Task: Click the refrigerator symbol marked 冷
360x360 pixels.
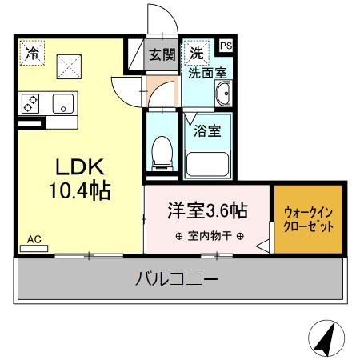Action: (33, 54)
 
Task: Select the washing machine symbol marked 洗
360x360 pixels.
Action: (195, 54)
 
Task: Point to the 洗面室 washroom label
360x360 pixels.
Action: (207, 73)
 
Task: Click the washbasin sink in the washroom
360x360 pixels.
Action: (223, 97)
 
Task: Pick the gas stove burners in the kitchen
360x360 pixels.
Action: (31, 103)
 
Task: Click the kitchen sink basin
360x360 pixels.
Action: (62, 102)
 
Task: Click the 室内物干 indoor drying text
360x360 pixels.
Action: (206, 236)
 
